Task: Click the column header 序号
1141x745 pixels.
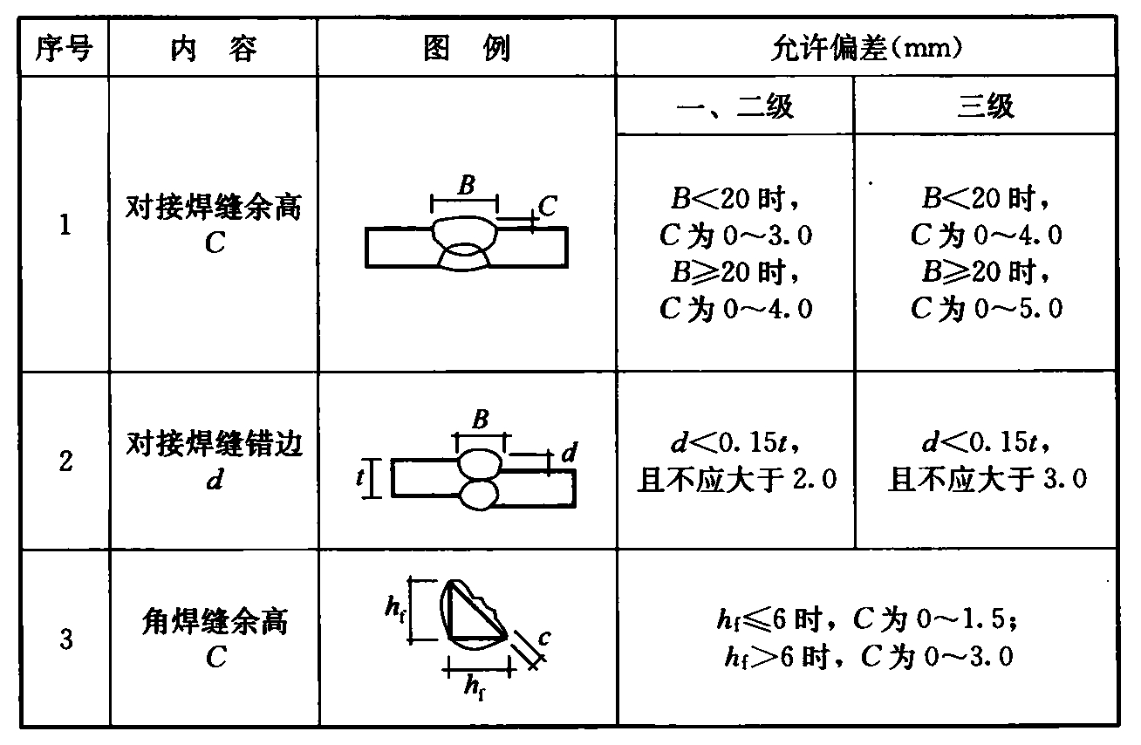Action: [x=63, y=49]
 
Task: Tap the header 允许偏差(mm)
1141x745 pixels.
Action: [x=866, y=48]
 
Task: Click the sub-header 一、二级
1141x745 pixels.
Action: [x=735, y=107]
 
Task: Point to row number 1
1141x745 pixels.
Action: [x=65, y=226]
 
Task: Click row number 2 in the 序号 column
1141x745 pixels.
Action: [x=65, y=461]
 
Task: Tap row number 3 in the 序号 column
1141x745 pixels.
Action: [x=65, y=639]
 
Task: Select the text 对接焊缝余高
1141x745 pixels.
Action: [x=215, y=210]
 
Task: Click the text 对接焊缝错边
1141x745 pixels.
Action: [x=215, y=446]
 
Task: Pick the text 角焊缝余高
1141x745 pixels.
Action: [x=215, y=623]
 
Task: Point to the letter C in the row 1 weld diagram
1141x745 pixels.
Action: [x=547, y=207]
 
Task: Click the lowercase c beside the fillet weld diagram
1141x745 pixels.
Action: [x=543, y=639]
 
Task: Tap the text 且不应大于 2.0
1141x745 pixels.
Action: [x=738, y=479]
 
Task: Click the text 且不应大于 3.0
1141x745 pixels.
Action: [x=987, y=479]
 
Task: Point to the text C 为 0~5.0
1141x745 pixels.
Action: [x=987, y=309]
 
